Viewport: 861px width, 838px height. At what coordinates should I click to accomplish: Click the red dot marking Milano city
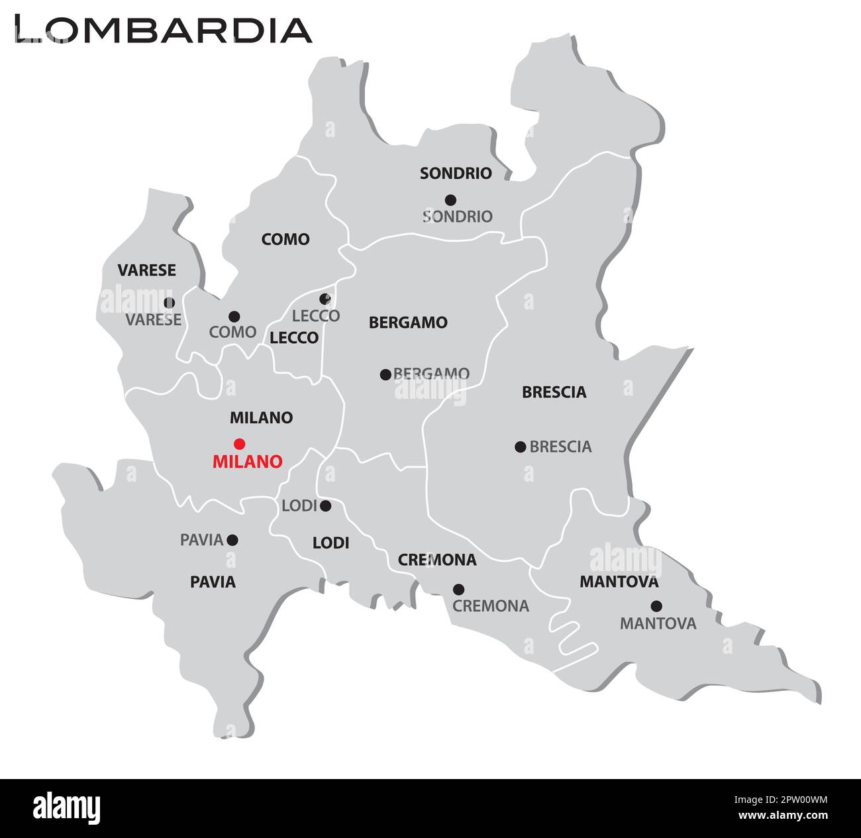point(240,443)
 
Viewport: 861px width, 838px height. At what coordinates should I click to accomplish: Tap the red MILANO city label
point(247,462)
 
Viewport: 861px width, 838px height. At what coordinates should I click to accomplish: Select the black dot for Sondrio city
point(450,199)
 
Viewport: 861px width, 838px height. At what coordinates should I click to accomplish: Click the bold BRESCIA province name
point(554,392)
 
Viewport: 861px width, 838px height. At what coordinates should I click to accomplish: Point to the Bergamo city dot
point(385,374)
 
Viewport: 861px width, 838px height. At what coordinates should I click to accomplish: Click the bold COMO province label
point(285,239)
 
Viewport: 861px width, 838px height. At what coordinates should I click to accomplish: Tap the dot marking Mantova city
point(656,605)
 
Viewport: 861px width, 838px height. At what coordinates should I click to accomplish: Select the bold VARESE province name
point(146,270)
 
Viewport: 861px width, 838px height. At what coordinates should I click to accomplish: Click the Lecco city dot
point(325,299)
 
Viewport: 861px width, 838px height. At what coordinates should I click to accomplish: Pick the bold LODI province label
point(330,543)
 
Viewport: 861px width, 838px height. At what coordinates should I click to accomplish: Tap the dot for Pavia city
point(232,540)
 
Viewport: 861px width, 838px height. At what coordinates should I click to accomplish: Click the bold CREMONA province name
point(436,560)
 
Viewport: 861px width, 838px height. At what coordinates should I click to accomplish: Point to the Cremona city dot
point(458,589)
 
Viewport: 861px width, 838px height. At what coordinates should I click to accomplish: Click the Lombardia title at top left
point(163,29)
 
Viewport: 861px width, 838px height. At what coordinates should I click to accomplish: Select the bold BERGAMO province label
point(408,323)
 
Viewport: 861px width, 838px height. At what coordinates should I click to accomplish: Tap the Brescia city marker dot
point(520,446)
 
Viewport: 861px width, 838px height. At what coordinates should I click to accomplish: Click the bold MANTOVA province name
point(619,582)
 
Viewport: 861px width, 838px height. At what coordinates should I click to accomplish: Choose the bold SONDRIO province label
point(456,174)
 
